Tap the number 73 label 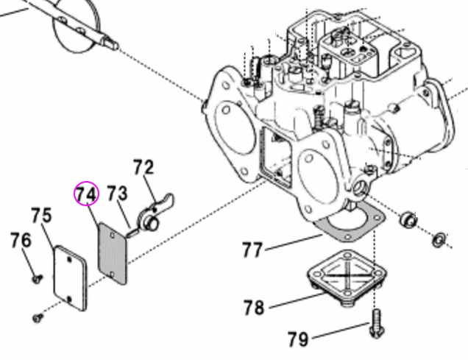(x=117, y=194)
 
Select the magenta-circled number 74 (x=85, y=194)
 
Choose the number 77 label (x=252, y=250)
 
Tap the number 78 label (x=254, y=307)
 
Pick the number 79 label (x=298, y=339)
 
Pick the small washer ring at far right (x=439, y=239)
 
